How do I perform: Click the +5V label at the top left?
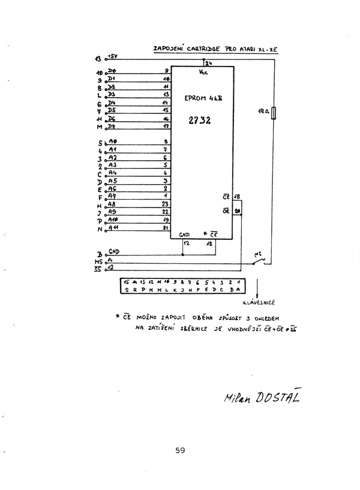113,56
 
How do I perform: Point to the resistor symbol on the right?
274,113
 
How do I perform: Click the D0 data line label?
112,71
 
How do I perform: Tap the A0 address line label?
112,142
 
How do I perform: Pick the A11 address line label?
113,227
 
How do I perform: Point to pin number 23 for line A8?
165,203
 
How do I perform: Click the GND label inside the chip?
185,235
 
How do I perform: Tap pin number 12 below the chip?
186,244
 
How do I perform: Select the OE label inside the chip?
226,211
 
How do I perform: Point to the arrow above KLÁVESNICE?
259,287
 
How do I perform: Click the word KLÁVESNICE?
259,303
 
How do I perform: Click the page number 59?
180,452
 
